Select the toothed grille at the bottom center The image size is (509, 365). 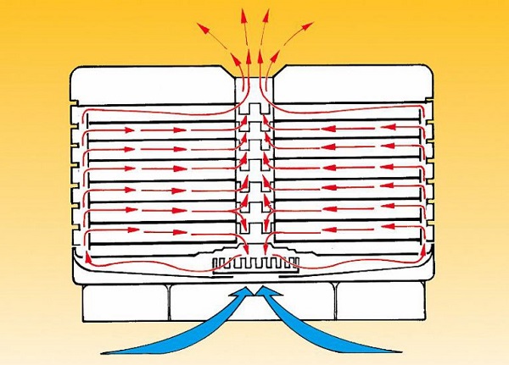pos(255,264)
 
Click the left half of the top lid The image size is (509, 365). pos(153,85)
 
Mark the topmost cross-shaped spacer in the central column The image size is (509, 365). pos(255,109)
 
